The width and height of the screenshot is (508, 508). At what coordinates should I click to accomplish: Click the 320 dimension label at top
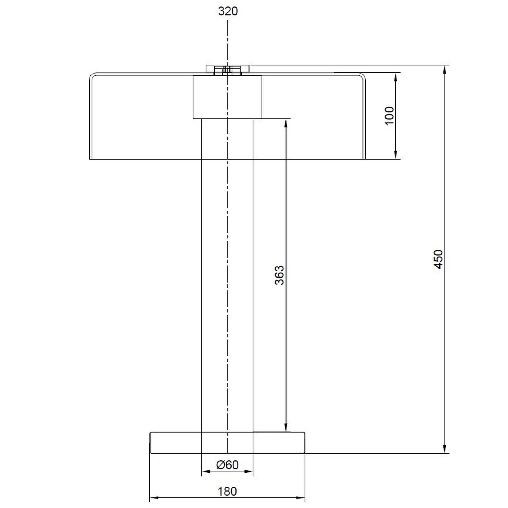pos(228,11)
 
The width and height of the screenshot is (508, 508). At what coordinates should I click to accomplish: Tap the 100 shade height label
pos(389,116)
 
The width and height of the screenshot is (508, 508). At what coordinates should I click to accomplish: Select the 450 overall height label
pos(438,259)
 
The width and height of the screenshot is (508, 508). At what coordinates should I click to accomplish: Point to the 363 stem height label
pos(279,275)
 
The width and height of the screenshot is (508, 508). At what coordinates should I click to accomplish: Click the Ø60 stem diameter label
pos(227,465)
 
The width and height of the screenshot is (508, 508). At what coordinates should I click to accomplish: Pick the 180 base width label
pos(227,491)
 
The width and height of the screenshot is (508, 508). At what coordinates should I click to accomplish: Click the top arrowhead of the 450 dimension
pos(444,70)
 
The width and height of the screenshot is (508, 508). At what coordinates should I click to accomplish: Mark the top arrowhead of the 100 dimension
pos(396,78)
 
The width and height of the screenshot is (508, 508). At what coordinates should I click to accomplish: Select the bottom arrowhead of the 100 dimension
pos(396,154)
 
